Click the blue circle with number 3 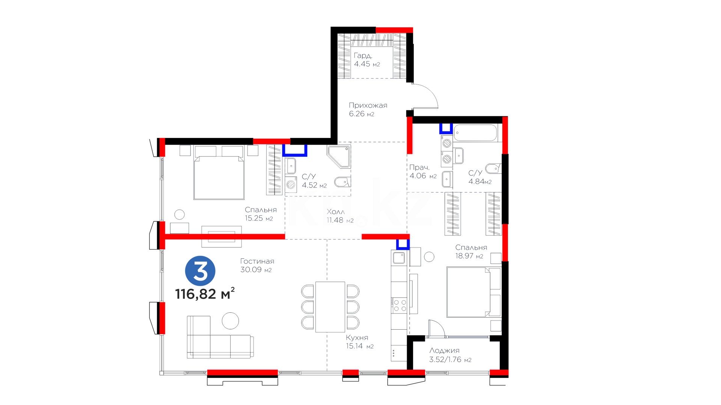click(x=200, y=271)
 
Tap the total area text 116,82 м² click(x=205, y=293)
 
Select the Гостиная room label click(x=257, y=261)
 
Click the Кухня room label click(x=357, y=337)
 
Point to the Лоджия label click(x=444, y=351)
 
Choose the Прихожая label click(x=368, y=105)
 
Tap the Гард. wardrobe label click(x=363, y=55)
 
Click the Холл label click(x=335, y=211)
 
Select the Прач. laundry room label click(x=419, y=168)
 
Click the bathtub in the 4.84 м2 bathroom click(x=475, y=133)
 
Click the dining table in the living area click(x=330, y=307)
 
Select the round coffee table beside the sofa click(x=230, y=321)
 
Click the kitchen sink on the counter click(x=399, y=258)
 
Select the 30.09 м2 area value click(x=256, y=270)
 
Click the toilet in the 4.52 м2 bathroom click(x=342, y=182)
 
